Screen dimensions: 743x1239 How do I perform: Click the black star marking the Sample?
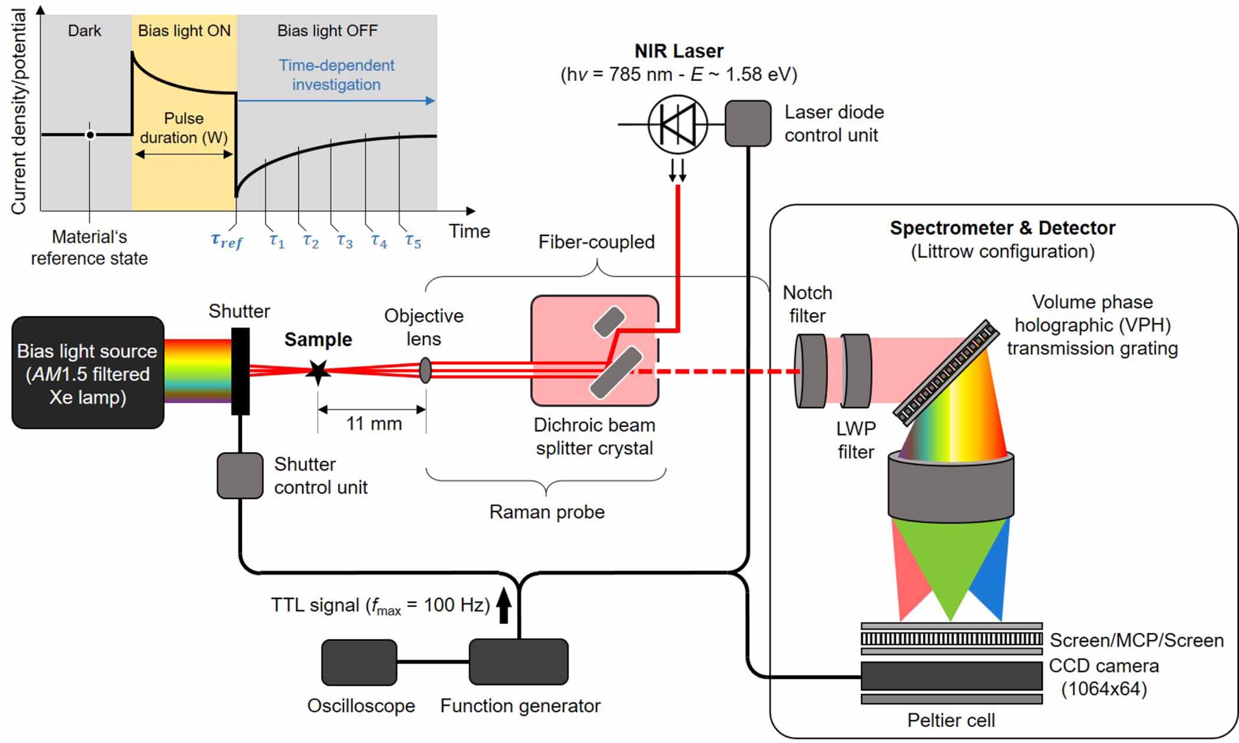(319, 371)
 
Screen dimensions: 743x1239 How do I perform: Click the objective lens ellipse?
(425, 371)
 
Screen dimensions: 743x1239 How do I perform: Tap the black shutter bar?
(240, 371)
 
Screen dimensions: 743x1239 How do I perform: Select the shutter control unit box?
(240, 476)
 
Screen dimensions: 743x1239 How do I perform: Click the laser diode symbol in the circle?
(677, 124)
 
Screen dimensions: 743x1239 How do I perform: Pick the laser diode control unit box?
(748, 123)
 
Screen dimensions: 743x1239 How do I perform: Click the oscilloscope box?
(359, 662)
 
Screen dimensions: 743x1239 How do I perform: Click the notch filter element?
(811, 371)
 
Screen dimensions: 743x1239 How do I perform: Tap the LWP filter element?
(856, 371)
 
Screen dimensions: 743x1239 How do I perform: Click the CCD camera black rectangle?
(951, 676)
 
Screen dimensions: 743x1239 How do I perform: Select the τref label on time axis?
(227, 241)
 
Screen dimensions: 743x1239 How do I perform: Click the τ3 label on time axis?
(345, 241)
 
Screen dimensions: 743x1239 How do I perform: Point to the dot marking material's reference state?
(90, 135)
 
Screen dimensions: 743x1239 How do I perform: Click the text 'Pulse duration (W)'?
(183, 127)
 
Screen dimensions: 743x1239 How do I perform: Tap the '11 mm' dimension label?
(373, 424)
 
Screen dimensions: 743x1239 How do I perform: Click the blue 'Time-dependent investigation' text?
(336, 75)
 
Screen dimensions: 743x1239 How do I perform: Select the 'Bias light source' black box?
(88, 373)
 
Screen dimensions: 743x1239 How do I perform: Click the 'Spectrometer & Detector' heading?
(1002, 228)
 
